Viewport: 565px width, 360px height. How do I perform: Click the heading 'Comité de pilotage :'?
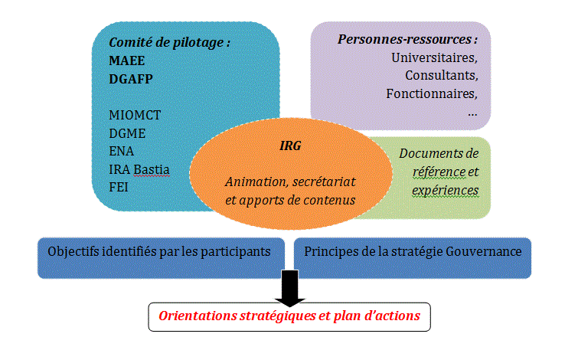(170, 43)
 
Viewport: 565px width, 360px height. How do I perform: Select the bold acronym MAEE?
(127, 60)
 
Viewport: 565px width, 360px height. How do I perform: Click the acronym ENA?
(122, 151)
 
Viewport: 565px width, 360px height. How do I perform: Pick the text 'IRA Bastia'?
(140, 169)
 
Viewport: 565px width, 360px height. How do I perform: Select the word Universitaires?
(434, 57)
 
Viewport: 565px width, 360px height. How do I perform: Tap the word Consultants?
(441, 76)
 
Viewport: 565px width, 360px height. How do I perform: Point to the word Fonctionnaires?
(433, 94)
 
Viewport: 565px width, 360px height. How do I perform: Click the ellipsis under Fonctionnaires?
(472, 112)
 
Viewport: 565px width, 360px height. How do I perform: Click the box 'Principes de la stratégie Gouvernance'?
(413, 251)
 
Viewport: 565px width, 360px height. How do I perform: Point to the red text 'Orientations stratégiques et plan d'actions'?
(289, 316)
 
